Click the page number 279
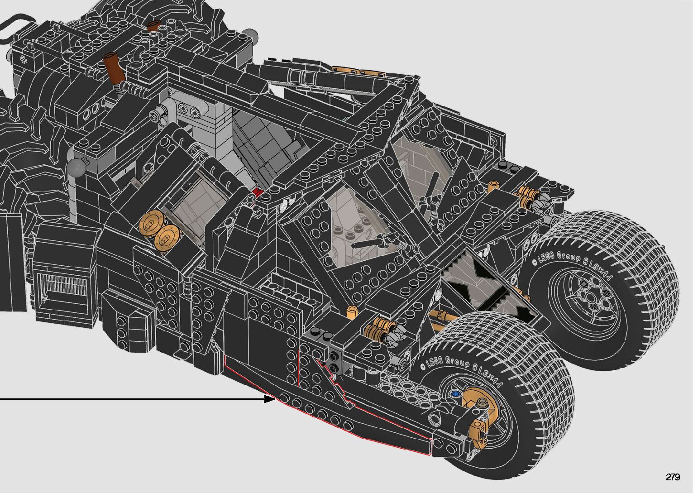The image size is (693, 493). click(x=673, y=477)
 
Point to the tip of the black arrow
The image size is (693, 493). click(x=275, y=399)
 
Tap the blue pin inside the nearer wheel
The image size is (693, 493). click(x=454, y=394)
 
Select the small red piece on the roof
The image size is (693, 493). click(x=257, y=192)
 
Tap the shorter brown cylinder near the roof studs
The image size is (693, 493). click(x=154, y=27)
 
